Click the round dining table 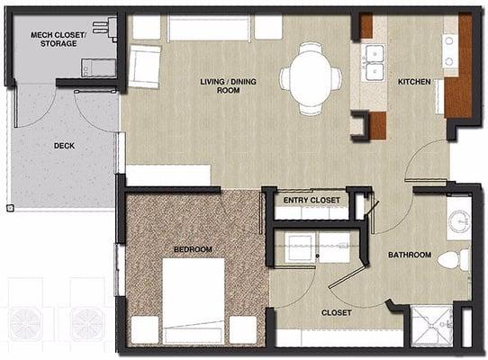pyautogui.click(x=311, y=77)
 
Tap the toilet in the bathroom pyautogui.click(x=454, y=259)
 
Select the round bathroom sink pyautogui.click(x=459, y=220)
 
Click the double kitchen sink pyautogui.click(x=374, y=63)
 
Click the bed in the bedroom pyautogui.click(x=194, y=301)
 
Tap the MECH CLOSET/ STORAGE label pyautogui.click(x=59, y=39)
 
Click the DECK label pyautogui.click(x=64, y=145)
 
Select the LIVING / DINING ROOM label pyautogui.click(x=228, y=85)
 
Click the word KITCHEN pyautogui.click(x=414, y=82)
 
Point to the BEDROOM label pyautogui.click(x=193, y=249)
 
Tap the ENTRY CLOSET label pyautogui.click(x=312, y=200)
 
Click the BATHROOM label pyautogui.click(x=410, y=255)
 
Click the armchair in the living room pyautogui.click(x=144, y=67)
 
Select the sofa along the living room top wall pyautogui.click(x=209, y=28)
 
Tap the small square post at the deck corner pyautogui.click(x=10, y=208)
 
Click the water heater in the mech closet pyautogui.click(x=99, y=67)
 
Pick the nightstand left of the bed pyautogui.click(x=145, y=329)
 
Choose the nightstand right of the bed pyautogui.click(x=243, y=329)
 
